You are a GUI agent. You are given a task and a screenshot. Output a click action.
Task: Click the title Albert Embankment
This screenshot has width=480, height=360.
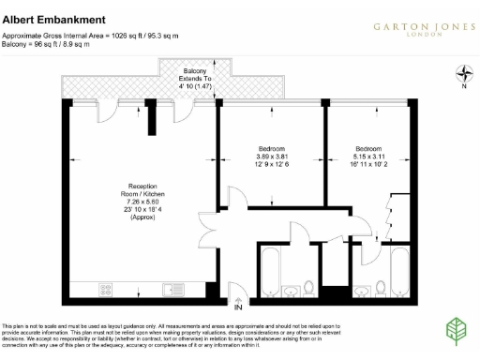(52, 19)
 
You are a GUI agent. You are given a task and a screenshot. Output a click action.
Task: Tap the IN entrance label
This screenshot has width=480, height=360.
(238, 307)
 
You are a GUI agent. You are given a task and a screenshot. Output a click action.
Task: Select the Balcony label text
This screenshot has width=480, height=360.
(194, 71)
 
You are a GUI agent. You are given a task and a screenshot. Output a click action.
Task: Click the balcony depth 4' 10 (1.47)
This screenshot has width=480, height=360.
(194, 86)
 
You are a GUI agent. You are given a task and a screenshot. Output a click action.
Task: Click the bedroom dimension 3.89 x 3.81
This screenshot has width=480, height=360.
(272, 157)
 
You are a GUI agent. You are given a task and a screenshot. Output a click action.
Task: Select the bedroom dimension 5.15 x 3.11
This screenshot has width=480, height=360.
(368, 157)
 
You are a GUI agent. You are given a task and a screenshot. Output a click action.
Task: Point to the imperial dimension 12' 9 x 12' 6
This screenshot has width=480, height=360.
(272, 165)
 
